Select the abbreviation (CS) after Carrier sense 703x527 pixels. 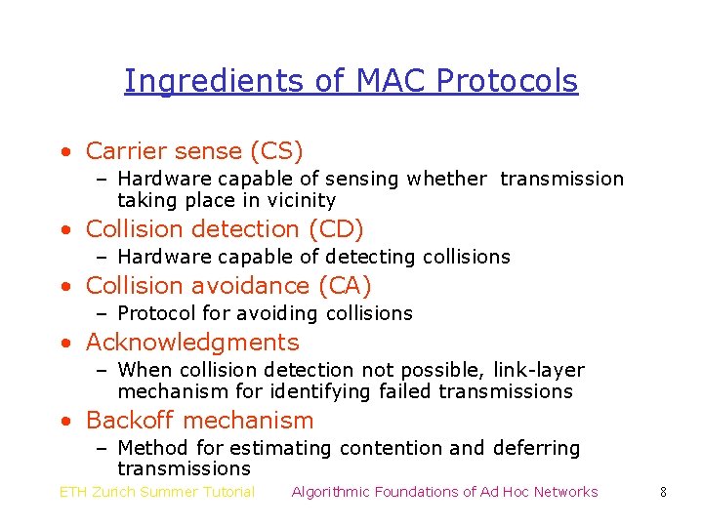(x=276, y=151)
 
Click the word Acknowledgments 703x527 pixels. (x=192, y=343)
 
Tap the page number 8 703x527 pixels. (x=663, y=492)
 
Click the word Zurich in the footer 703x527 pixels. (x=118, y=492)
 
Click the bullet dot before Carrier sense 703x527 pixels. (x=64, y=152)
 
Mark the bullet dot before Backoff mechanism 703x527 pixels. (x=64, y=422)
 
